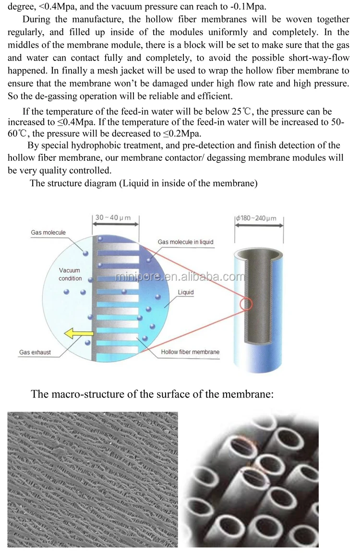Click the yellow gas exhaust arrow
click(72, 333)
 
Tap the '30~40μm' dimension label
click(113, 217)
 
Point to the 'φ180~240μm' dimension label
click(256, 218)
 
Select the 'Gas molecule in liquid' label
click(185, 242)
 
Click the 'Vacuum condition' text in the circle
click(70, 275)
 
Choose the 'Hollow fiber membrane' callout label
click(190, 352)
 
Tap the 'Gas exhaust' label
click(35, 352)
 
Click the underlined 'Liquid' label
click(186, 292)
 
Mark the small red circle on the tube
click(246, 304)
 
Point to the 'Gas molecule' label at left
click(48, 233)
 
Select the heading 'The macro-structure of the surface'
click(152, 394)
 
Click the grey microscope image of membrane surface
click(93, 479)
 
